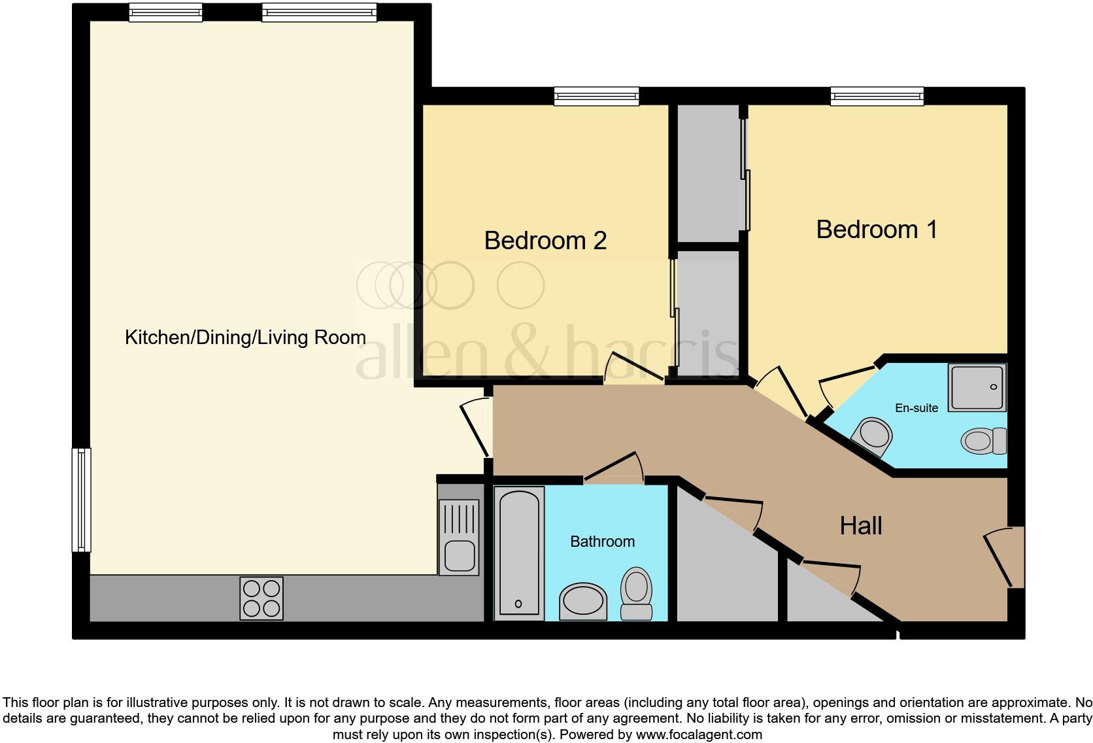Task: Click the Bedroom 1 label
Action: (x=876, y=230)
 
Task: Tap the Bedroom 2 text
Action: (x=545, y=241)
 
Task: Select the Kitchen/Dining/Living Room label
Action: (x=245, y=337)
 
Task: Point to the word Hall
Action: (x=860, y=526)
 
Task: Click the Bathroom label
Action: (x=602, y=542)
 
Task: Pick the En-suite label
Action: (x=916, y=408)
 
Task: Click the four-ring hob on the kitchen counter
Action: (x=261, y=598)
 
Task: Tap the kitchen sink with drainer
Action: (x=458, y=537)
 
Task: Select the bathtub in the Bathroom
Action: (x=519, y=553)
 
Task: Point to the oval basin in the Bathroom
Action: (x=583, y=600)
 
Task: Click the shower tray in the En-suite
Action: (x=977, y=387)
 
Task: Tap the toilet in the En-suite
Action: (x=983, y=440)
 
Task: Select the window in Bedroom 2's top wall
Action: (x=596, y=97)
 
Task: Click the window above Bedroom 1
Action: (x=877, y=97)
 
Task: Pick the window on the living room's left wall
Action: (x=81, y=500)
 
